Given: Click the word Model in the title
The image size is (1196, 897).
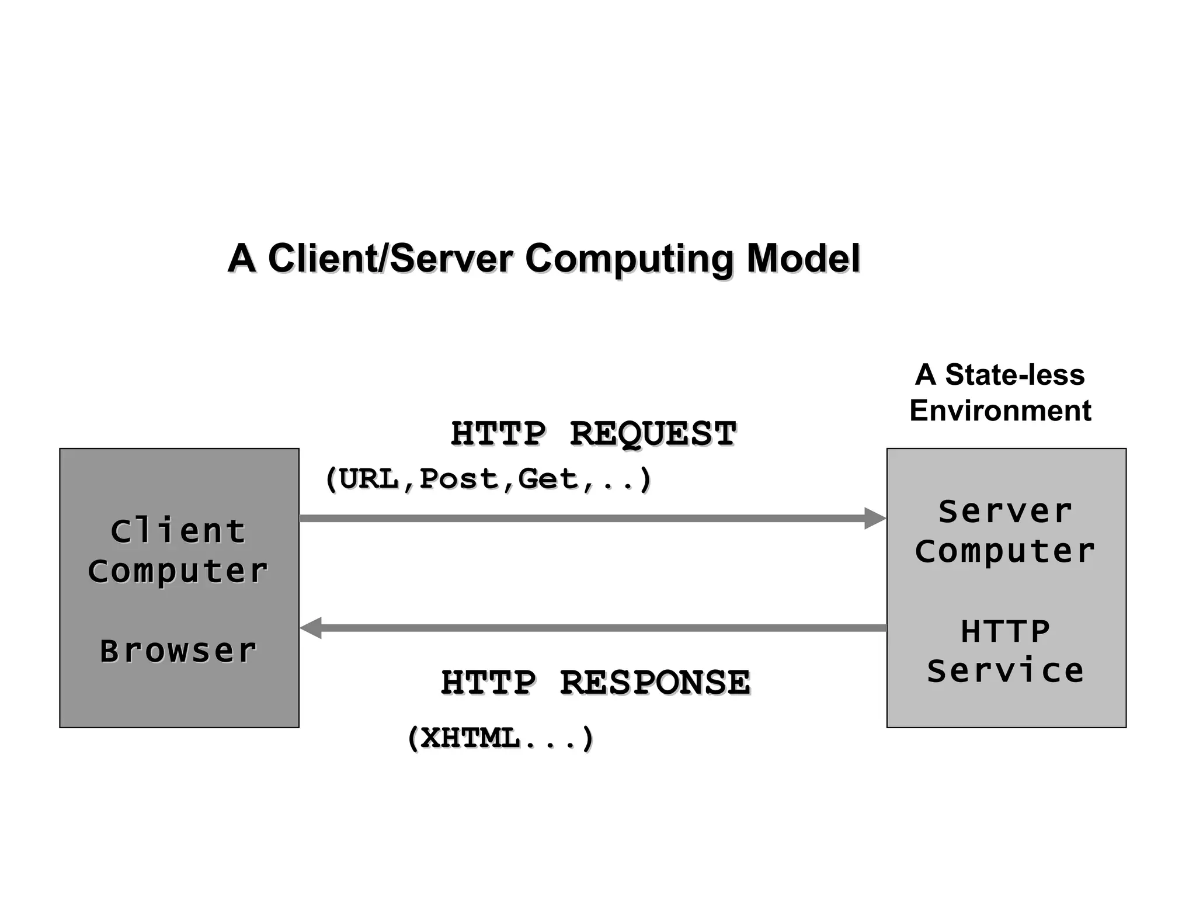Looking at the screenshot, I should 803,258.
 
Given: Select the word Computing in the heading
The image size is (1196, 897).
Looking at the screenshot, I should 629,259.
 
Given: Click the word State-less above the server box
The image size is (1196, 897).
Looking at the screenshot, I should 1014,374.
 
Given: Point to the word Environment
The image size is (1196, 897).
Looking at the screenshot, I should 1000,411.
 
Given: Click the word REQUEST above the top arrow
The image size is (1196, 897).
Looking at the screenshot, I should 652,434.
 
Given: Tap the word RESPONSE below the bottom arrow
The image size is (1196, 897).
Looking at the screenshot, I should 655,682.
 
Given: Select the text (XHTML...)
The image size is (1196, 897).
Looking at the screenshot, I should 500,738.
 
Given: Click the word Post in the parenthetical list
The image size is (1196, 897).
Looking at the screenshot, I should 459,479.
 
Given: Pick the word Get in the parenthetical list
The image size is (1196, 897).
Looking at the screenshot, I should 548,479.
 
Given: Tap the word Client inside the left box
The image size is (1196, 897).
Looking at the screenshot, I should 178,531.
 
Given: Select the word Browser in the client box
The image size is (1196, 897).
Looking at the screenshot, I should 178,651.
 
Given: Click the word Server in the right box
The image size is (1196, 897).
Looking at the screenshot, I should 1005,512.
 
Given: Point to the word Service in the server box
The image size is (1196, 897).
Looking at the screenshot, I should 1005,670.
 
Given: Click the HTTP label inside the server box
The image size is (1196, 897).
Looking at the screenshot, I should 1005,631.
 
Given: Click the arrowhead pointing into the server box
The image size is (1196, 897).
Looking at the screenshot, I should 875,519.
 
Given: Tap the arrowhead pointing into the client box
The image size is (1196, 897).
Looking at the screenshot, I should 311,628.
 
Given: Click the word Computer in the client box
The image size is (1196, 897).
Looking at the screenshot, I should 178,571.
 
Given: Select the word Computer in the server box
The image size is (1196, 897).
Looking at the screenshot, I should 1005,551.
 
